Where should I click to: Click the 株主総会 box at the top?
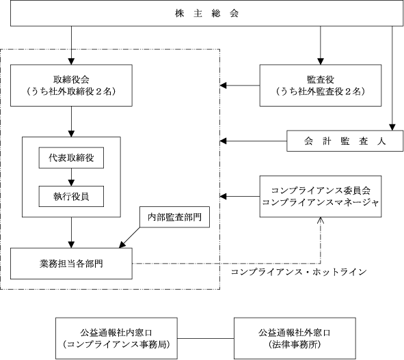pyautogui.click(x=206, y=13)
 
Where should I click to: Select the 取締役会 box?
pyautogui.click(x=71, y=85)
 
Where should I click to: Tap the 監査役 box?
pyautogui.click(x=321, y=85)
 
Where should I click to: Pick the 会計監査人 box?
pyautogui.click(x=345, y=141)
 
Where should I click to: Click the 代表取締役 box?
pyautogui.click(x=71, y=158)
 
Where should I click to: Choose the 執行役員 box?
pyautogui.click(x=71, y=197)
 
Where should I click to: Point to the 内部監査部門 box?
pyautogui.click(x=175, y=217)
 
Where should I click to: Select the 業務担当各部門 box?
pyautogui.click(x=71, y=264)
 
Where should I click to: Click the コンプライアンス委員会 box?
pyautogui.click(x=321, y=197)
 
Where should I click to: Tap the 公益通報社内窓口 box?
pyautogui.click(x=116, y=338)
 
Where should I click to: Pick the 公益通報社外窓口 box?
pyautogui.click(x=295, y=338)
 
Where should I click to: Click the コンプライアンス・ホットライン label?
pyautogui.click(x=299, y=272)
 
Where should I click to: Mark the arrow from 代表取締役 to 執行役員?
pyautogui.click(x=71, y=177)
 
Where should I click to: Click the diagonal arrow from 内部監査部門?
pyautogui.click(x=129, y=238)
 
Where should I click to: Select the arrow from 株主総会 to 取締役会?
pyautogui.click(x=71, y=45)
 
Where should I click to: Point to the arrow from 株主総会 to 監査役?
pyautogui.click(x=321, y=45)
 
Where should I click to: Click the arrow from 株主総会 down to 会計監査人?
pyautogui.click(x=392, y=79)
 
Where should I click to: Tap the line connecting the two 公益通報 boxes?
pyautogui.click(x=206, y=338)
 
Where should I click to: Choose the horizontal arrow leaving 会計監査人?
pyautogui.click(x=254, y=141)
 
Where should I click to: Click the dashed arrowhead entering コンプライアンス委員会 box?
pyautogui.click(x=321, y=221)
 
